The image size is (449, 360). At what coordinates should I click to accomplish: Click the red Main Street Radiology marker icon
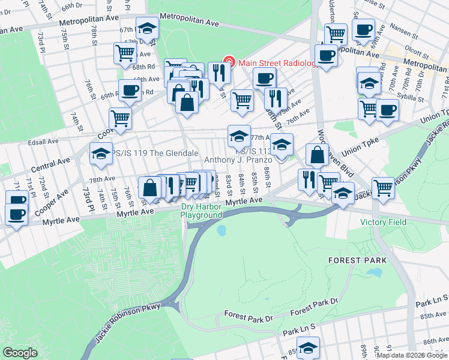click(229, 62)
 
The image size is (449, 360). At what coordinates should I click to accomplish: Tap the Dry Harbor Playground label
click(202, 211)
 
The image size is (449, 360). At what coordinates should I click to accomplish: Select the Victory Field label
click(383, 222)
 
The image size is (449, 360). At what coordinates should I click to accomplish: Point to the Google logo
click(20, 353)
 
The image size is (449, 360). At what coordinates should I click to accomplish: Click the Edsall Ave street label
click(43, 142)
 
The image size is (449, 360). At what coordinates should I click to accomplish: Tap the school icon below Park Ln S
click(308, 347)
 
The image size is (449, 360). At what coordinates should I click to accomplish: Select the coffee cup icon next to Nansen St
click(363, 29)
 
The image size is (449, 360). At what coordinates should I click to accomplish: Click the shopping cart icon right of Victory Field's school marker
click(383, 187)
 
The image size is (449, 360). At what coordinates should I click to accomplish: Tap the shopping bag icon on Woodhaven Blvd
click(316, 154)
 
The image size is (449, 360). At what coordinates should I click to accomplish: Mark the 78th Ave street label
click(101, 179)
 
